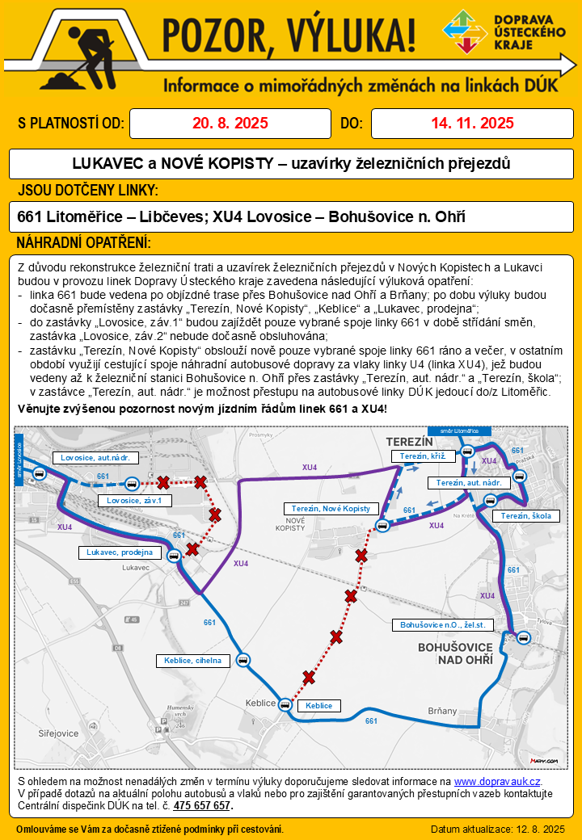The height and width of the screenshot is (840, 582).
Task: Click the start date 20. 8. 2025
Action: pyautogui.click(x=230, y=124)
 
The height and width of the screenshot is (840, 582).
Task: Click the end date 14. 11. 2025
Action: pyautogui.click(x=472, y=124)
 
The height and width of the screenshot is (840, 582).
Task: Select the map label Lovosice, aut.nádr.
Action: pyautogui.click(x=95, y=458)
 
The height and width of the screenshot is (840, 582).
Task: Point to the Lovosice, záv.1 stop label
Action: pyautogui.click(x=134, y=501)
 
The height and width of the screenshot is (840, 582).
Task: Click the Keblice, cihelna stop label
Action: pyautogui.click(x=192, y=661)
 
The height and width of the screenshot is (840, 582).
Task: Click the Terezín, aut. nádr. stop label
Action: pyautogui.click(x=469, y=483)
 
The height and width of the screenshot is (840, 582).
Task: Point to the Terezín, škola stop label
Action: pyautogui.click(x=525, y=516)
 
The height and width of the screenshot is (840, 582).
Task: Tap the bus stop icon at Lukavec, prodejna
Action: pyautogui.click(x=172, y=555)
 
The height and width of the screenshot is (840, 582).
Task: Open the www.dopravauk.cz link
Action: pyautogui.click(x=496, y=782)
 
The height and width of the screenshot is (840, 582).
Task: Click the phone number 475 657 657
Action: pyautogui.click(x=202, y=806)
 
